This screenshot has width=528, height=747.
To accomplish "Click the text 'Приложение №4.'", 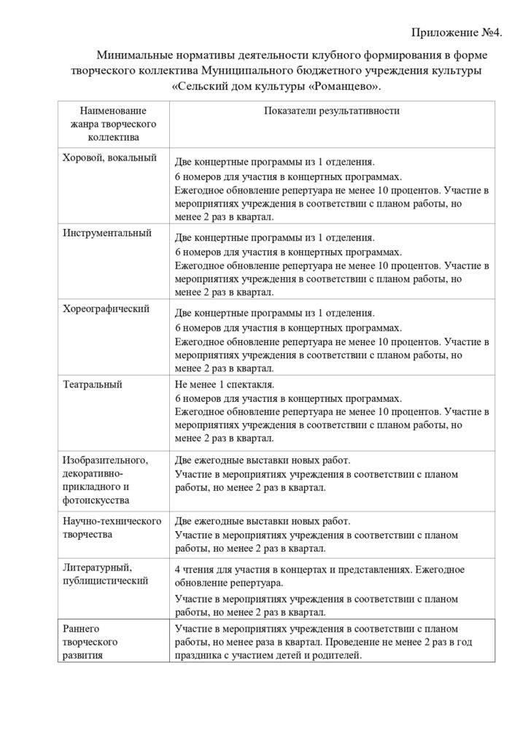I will tap(457, 33).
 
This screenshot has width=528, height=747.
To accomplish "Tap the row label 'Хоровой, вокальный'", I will tap(110, 157).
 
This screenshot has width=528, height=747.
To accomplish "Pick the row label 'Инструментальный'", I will tap(107, 233).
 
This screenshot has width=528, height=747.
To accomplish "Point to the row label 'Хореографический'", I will tap(106, 308).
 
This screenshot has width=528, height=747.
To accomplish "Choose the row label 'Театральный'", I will tap(93, 384).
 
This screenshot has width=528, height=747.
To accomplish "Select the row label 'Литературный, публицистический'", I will tap(106, 574).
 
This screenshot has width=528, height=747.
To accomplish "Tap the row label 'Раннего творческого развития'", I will tap(90, 641).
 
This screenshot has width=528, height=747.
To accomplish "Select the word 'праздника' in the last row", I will tap(198, 656).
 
